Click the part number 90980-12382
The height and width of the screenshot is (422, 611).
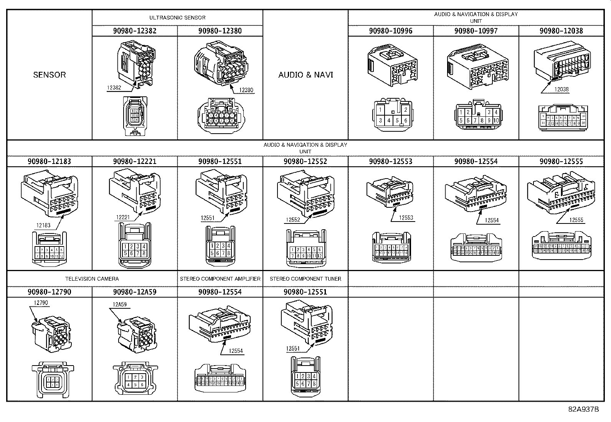click(135, 31)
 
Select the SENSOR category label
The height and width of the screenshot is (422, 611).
click(50, 75)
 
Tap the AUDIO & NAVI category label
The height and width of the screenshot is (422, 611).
click(305, 75)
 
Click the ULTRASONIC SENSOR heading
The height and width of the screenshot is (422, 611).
click(177, 18)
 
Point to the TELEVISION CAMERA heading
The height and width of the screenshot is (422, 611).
click(92, 279)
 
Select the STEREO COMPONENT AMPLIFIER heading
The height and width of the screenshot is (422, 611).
click(220, 279)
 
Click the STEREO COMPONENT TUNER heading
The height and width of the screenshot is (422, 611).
click(305, 279)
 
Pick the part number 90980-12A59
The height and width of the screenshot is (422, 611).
click(135, 292)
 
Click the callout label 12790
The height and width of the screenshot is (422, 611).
click(41, 303)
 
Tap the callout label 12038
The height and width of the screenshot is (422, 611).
click(561, 89)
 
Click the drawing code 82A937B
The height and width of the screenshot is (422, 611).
click(583, 409)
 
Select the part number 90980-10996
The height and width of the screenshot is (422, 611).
click(391, 31)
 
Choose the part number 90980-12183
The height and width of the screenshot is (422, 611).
click(49, 161)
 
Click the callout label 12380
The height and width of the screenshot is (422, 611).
click(246, 90)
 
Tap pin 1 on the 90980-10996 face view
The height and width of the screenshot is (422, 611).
click(380, 110)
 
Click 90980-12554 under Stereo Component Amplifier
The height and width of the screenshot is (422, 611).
click(220, 292)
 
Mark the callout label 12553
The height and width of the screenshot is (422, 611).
click(406, 218)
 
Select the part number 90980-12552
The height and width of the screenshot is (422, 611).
click(305, 161)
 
